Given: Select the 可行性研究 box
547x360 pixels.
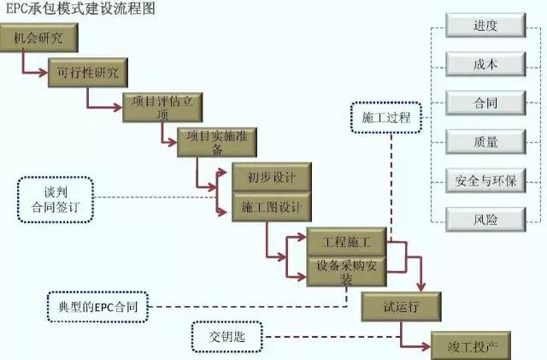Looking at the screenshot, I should [89, 71].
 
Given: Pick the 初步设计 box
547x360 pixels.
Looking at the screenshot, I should [271, 178].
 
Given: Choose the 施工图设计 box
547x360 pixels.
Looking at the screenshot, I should [271, 207].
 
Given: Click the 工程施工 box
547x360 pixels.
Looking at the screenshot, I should [345, 245].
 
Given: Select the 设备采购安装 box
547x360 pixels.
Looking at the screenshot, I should [345, 272].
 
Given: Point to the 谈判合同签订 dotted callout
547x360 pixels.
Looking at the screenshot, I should [54, 199].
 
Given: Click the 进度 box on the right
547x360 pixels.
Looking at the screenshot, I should [485, 27].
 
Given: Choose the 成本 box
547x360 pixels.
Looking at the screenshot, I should [485, 65].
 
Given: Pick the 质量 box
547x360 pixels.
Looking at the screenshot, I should [485, 142].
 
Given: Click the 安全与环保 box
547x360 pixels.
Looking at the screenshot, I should [485, 180].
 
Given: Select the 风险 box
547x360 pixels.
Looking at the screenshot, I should [485, 219].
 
